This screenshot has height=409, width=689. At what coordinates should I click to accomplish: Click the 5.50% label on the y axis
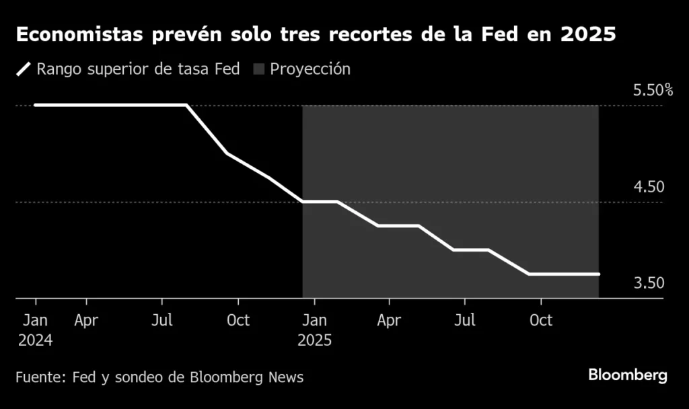pyautogui.click(x=653, y=90)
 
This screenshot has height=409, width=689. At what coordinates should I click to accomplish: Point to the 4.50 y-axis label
pyautogui.click(x=649, y=187)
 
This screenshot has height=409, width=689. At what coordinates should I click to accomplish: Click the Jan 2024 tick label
pyautogui.click(x=35, y=330)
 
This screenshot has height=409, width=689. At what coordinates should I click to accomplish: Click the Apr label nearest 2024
pyautogui.click(x=86, y=320)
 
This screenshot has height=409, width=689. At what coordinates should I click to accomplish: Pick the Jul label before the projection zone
pyautogui.click(x=161, y=320)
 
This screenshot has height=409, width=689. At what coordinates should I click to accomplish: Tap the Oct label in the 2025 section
pyautogui.click(x=541, y=320)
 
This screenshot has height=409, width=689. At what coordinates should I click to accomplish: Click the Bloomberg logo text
pyautogui.click(x=628, y=375)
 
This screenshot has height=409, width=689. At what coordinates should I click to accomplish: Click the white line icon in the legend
pyautogui.click(x=24, y=69)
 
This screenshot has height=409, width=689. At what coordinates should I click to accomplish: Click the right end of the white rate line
pyautogui.click(x=598, y=274)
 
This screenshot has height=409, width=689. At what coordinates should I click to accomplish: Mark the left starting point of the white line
pyautogui.click(x=36, y=105)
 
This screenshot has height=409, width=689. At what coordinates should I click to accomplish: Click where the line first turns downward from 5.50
pyautogui.click(x=186, y=105)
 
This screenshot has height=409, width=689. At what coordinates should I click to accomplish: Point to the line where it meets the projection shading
pyautogui.click(x=303, y=201)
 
